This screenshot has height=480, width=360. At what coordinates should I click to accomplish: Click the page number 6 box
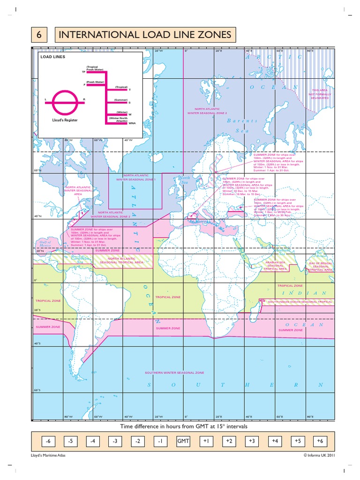pyautogui.click(x=40, y=35)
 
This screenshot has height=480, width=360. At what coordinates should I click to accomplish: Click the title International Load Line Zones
pyautogui.click(x=144, y=35)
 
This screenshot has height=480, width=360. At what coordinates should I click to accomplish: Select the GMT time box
pyautogui.click(x=182, y=442)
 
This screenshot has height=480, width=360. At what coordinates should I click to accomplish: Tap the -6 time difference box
pyautogui.click(x=47, y=442)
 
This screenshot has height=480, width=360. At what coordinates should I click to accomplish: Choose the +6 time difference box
pyautogui.click(x=319, y=442)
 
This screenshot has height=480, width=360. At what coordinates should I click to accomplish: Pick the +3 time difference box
pyautogui.click(x=252, y=442)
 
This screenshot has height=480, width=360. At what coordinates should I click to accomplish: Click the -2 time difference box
pyautogui.click(x=137, y=442)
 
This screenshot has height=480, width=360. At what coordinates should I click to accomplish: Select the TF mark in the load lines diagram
pyautogui.click(x=84, y=72)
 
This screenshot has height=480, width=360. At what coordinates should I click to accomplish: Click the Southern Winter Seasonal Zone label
pyautogui.click(x=174, y=373)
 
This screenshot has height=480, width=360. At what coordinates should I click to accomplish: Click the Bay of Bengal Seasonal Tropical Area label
pyautogui.click(x=321, y=267)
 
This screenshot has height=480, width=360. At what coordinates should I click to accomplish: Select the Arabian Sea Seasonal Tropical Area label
pyautogui.click(x=276, y=266)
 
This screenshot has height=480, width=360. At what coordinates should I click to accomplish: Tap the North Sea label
pyautogui.click(x=183, y=180)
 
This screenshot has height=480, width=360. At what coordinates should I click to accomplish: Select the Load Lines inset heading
pyautogui.click(x=53, y=57)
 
